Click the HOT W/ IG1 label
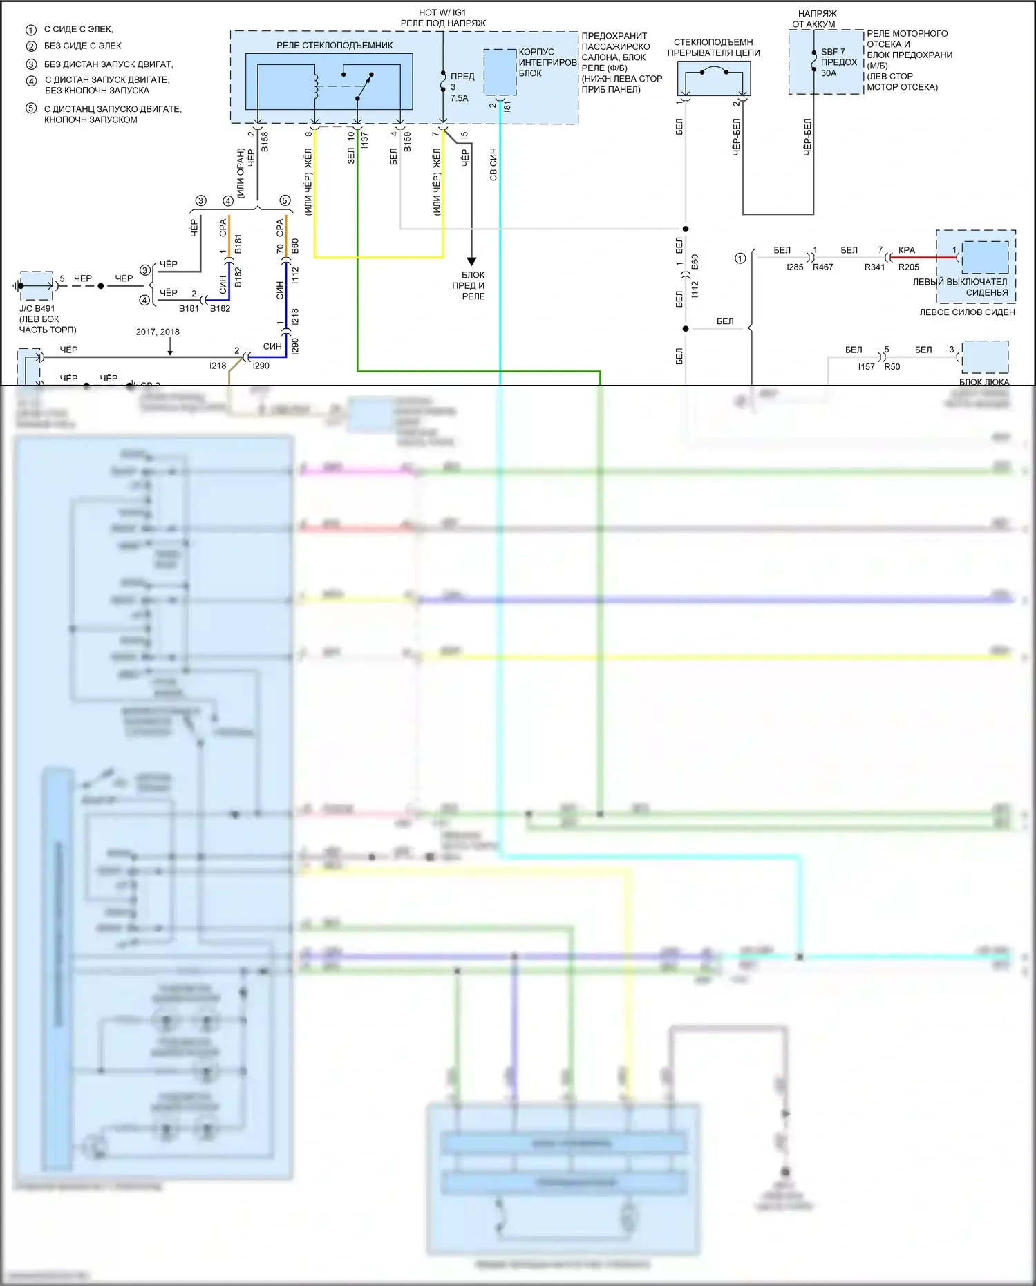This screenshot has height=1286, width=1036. [442, 12]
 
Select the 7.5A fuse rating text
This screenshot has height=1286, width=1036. [460, 98]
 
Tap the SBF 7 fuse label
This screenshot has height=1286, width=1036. [833, 52]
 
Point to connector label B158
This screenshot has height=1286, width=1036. [265, 142]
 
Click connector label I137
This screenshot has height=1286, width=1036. [365, 140]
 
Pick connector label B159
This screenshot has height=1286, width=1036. [408, 142]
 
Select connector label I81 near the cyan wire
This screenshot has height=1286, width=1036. [507, 106]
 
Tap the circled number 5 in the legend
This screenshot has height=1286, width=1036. [31, 108]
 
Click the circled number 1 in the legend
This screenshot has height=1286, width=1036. [31, 30]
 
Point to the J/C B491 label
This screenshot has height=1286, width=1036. [37, 309]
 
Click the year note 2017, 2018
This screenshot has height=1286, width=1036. [158, 332]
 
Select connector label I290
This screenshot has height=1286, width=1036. [296, 346]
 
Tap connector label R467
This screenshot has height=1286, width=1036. [823, 267]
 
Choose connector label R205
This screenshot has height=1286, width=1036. [909, 267]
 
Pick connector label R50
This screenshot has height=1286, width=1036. [892, 367]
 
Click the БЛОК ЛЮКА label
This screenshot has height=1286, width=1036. [984, 381]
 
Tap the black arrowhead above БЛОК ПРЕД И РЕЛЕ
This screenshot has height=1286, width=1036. [471, 261]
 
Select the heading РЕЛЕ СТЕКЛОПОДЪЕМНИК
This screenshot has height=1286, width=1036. [335, 46]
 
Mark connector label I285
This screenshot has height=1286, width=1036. [795, 267]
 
